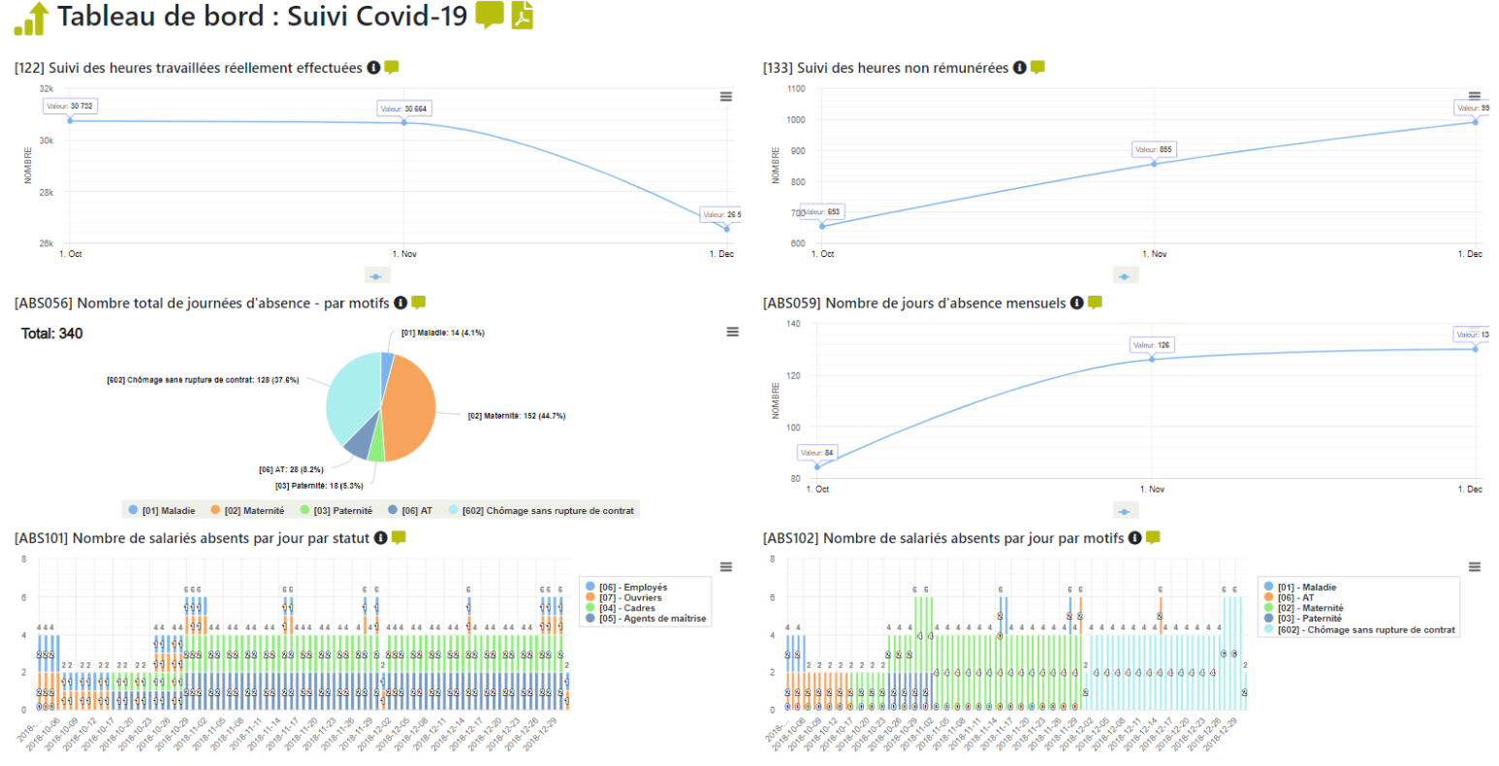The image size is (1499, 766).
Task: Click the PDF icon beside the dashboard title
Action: (523, 16)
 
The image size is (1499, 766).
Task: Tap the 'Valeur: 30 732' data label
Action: (70, 106)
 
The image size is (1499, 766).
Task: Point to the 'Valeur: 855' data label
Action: (1153, 149)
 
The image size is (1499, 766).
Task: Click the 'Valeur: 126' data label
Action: (1151, 345)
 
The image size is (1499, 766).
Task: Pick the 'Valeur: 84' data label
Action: (816, 453)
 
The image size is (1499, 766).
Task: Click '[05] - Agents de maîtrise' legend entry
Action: (653, 619)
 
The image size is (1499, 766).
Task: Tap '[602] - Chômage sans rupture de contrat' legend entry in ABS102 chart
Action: (1366, 630)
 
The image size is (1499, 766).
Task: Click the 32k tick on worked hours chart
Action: (47, 88)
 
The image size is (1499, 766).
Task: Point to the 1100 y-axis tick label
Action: (796, 88)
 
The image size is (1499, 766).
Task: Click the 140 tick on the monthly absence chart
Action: (793, 324)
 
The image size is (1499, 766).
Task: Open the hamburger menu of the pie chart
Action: (733, 332)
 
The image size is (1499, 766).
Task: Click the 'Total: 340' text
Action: (52, 334)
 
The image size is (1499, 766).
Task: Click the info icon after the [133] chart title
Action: (1019, 68)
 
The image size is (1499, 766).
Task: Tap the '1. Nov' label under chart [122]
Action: (404, 254)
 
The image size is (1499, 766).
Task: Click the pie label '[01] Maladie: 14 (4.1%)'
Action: (443, 333)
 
